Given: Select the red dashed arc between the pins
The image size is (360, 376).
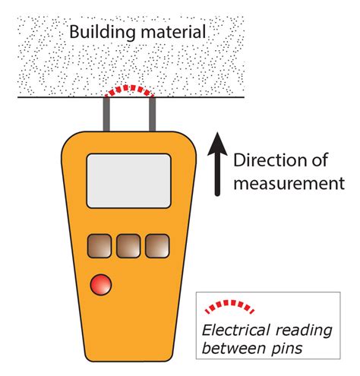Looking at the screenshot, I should pos(130,90).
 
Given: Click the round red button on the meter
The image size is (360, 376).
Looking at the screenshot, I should pos(99,286).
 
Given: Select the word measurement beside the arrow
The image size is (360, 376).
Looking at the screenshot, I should pos(289,183).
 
